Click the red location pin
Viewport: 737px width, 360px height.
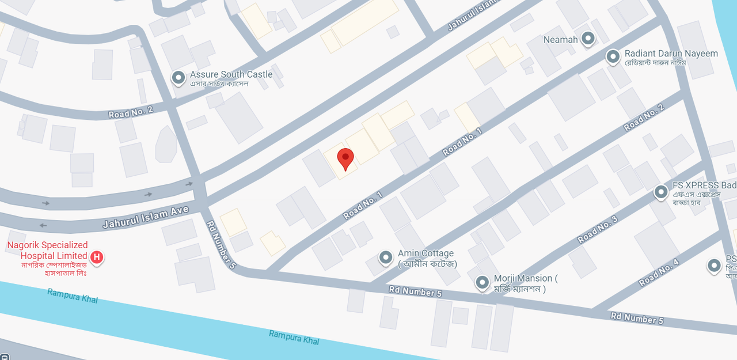(x=345, y=157)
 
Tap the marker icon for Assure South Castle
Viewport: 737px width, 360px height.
(x=178, y=77)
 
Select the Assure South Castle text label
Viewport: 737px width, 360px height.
(x=231, y=74)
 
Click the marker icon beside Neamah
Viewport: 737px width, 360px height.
(x=588, y=39)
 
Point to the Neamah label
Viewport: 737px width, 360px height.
(x=560, y=40)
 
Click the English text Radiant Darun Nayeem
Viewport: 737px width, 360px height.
(x=671, y=54)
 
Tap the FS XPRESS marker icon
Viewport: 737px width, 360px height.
(x=661, y=192)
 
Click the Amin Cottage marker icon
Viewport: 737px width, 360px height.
(x=386, y=257)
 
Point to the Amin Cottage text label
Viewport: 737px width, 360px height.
(x=426, y=253)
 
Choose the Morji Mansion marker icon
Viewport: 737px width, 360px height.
(x=482, y=282)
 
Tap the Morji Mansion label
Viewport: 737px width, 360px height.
(x=525, y=279)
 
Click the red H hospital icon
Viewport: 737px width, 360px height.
(x=97, y=256)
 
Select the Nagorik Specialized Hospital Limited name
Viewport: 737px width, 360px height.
(x=47, y=250)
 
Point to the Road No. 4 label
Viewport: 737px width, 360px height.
(x=659, y=273)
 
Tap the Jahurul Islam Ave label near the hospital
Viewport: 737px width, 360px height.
(x=146, y=217)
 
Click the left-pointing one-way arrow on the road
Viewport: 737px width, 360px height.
(x=44, y=225)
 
